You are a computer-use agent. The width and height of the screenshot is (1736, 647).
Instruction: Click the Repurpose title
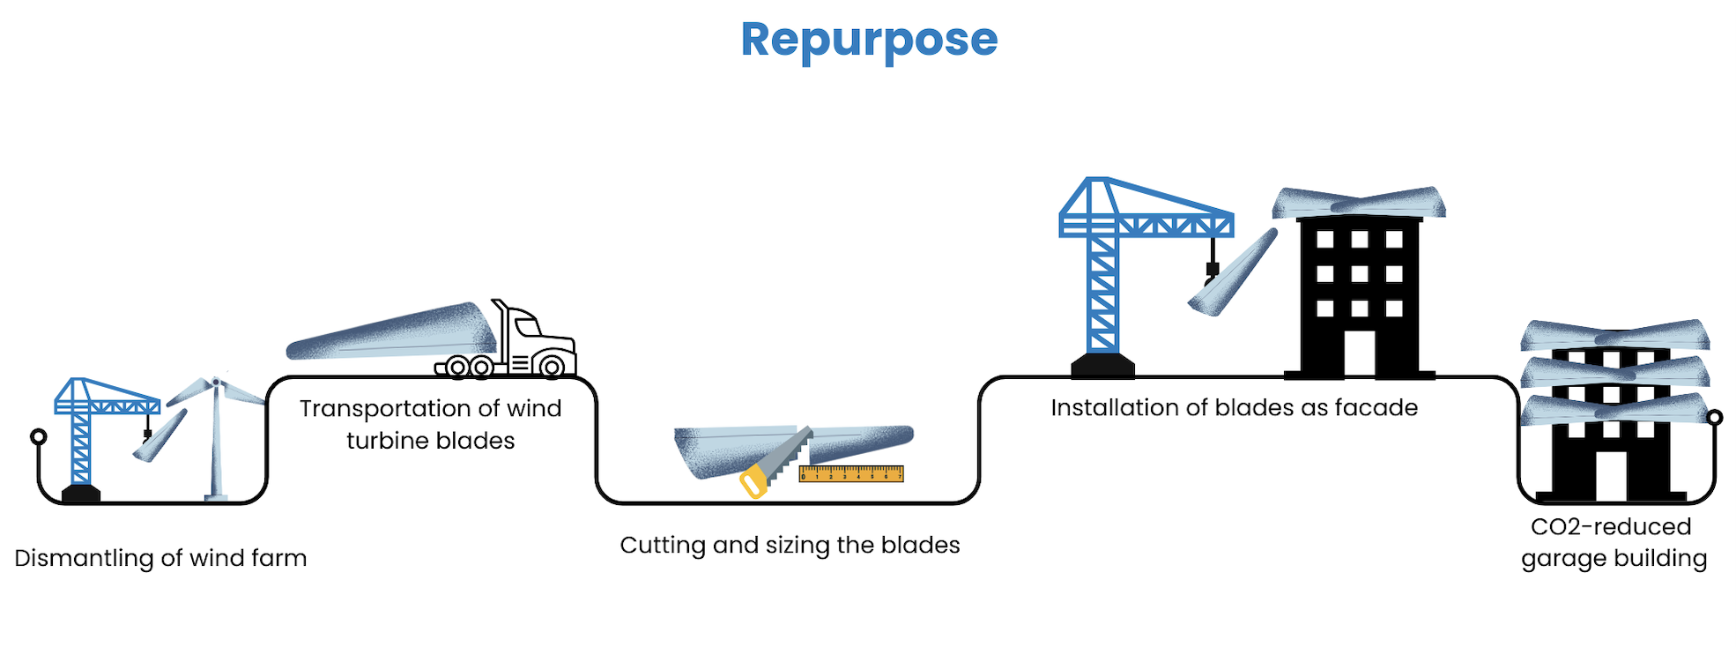[869, 40]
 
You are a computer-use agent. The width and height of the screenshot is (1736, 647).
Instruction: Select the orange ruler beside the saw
[851, 475]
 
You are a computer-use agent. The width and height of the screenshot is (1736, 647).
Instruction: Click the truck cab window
[528, 328]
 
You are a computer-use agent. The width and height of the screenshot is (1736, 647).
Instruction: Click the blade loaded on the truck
[392, 333]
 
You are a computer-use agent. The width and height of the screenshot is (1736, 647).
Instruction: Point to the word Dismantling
[85, 559]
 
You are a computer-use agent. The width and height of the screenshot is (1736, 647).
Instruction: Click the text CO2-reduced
[1611, 527]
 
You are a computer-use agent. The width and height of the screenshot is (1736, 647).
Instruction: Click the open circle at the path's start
[38, 436]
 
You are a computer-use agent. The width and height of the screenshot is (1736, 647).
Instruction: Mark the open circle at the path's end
[1714, 418]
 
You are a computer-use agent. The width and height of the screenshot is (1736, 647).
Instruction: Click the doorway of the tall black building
[1359, 353]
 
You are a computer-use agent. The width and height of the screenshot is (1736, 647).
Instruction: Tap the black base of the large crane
[1102, 365]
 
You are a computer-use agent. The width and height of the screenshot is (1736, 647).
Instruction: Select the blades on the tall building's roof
[1359, 204]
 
